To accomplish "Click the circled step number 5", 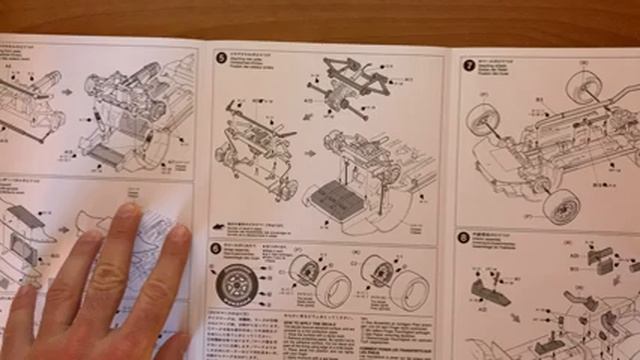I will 221,58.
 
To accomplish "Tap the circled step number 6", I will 216,247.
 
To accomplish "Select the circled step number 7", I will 468,65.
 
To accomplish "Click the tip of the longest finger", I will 127,212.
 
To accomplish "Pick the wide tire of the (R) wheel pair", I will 404,284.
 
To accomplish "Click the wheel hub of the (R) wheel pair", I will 379,270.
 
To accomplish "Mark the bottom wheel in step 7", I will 560,205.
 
